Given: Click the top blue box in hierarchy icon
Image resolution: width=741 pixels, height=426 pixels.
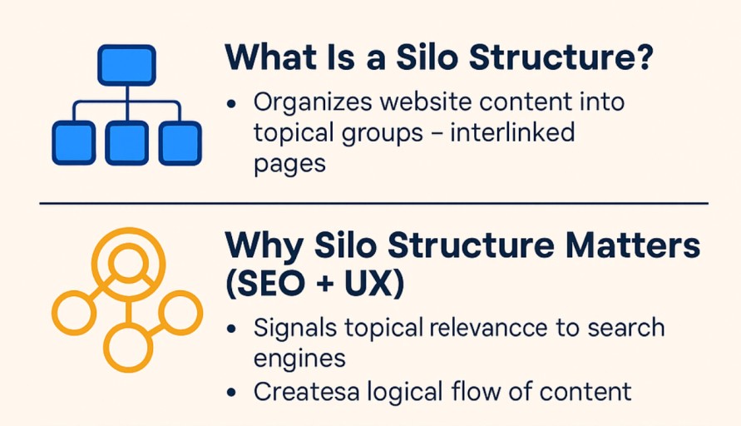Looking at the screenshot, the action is (x=126, y=65).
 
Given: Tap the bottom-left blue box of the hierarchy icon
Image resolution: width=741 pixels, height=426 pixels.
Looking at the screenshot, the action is (x=74, y=143).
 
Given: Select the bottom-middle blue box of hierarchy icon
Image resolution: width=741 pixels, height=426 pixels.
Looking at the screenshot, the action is (x=126, y=143).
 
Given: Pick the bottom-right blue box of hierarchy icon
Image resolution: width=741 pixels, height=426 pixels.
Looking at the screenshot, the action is (x=180, y=143).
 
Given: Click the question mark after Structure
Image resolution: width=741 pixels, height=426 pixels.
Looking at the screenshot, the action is (x=642, y=57).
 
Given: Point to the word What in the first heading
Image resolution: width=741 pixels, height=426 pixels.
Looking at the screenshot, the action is (x=271, y=57).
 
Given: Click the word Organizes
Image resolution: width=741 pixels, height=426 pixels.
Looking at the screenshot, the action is (x=313, y=102).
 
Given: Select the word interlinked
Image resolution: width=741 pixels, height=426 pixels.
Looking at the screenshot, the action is (x=512, y=132).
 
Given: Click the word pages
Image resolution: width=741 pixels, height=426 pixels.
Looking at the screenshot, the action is (x=289, y=165).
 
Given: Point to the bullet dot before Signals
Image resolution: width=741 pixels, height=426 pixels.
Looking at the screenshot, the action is (x=231, y=329).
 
